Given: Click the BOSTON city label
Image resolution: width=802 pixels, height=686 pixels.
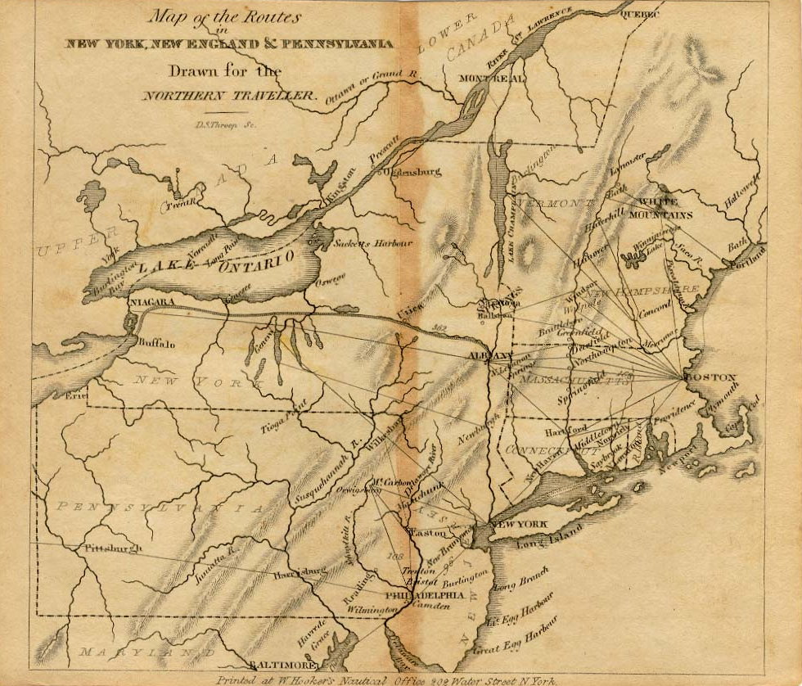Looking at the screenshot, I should tap(710, 378).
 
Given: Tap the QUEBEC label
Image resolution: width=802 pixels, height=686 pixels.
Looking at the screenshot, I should tap(640, 14).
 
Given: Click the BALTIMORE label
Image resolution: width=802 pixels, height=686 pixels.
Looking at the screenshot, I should tap(282, 666).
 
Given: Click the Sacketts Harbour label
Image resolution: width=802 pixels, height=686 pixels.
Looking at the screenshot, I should tap(373, 243).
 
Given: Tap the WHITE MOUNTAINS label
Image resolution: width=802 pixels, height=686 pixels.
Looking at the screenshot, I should tap(665, 209).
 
